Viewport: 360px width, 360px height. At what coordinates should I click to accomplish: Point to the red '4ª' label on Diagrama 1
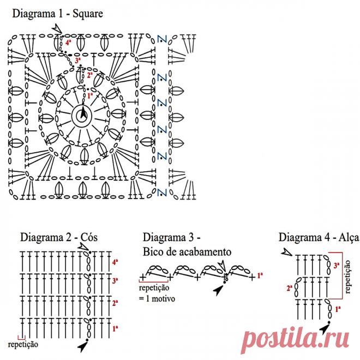pos(68,42)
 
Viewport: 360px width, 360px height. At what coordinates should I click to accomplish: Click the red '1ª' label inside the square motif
pos(90,95)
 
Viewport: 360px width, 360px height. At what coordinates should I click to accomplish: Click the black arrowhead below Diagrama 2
pos(83,346)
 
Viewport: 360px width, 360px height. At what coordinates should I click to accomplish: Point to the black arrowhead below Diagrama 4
pos(326,328)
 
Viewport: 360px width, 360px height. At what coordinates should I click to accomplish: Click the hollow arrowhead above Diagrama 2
pos(83,247)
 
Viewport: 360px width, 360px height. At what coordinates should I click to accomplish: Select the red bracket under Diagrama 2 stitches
pos(21,338)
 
